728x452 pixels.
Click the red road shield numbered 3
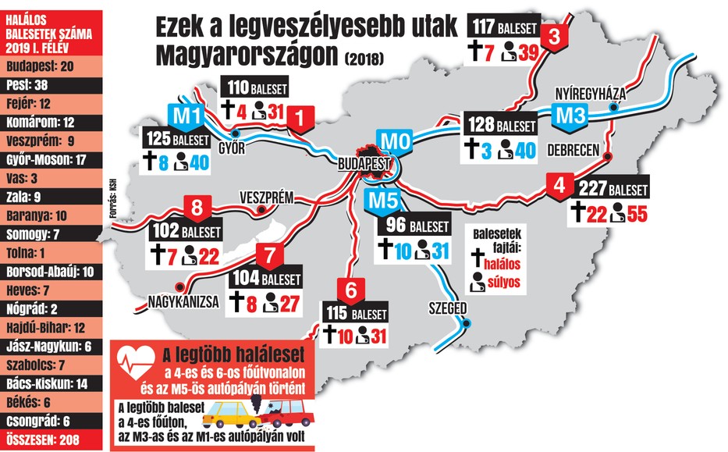(x=555, y=36)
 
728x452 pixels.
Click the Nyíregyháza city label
(x=591, y=91)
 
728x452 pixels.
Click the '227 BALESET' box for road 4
(x=613, y=190)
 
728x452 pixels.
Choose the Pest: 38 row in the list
(x=51, y=84)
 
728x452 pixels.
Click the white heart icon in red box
(x=134, y=362)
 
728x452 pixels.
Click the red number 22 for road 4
(x=597, y=212)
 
